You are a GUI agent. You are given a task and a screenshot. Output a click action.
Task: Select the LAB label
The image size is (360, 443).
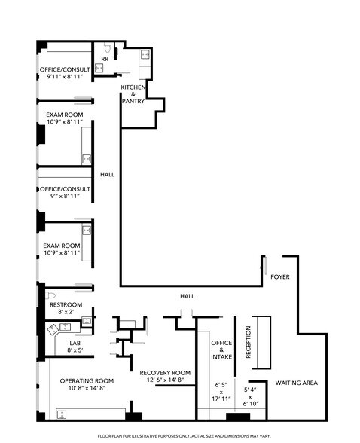tap(75, 343)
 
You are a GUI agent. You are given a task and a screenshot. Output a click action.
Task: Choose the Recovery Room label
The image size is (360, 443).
tap(165, 373)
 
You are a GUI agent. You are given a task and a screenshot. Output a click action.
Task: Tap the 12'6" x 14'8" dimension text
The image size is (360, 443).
tap(165, 381)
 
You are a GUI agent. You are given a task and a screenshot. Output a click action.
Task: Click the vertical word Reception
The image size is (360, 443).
tap(248, 341)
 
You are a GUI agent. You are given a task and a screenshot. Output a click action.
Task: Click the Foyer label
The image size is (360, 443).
tap(279, 277)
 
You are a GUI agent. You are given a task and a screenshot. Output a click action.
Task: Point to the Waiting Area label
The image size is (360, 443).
tap(295, 383)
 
